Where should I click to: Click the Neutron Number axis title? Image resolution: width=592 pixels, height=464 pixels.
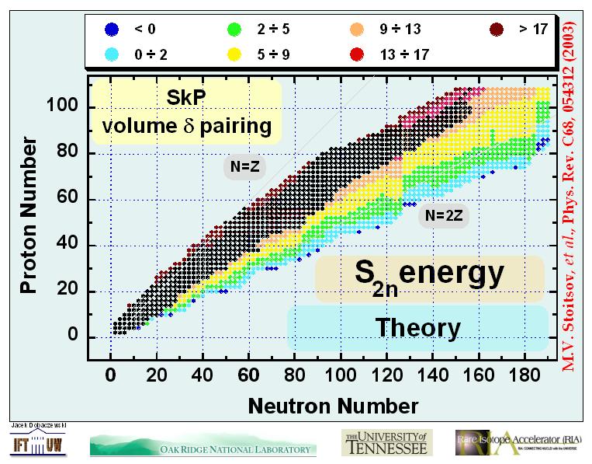click(333, 405)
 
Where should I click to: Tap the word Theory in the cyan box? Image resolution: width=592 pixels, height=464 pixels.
click(417, 327)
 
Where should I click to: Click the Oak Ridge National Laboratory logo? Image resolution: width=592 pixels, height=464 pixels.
click(203, 446)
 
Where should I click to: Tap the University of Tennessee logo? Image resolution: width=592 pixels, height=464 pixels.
click(385, 442)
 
